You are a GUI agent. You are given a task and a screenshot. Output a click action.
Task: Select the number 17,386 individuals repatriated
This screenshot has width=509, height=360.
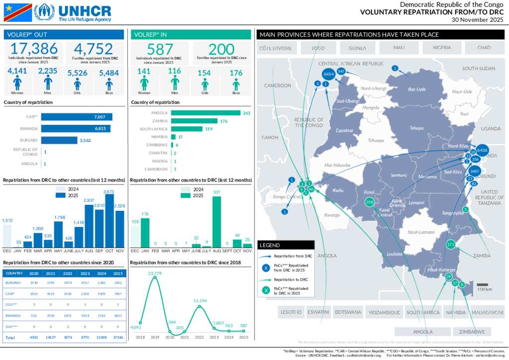tap(33, 49)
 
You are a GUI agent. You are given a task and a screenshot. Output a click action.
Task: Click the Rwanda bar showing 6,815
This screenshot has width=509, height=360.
tap(76, 129)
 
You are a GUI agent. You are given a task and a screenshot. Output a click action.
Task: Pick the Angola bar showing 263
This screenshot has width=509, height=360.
tap(205, 113)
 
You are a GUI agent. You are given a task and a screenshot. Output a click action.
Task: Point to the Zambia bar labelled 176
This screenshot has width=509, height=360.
tap(194, 121)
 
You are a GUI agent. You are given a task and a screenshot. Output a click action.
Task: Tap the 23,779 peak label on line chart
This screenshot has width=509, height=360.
tap(155, 273)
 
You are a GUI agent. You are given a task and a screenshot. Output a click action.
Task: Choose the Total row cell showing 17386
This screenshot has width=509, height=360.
tap(118, 338)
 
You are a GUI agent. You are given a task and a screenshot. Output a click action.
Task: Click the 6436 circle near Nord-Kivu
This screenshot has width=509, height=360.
tap(482, 150)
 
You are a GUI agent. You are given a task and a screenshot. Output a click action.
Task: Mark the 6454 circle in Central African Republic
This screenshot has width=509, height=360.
tap(328, 74)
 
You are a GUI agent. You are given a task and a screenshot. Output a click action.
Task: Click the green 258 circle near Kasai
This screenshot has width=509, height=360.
tap(369, 202)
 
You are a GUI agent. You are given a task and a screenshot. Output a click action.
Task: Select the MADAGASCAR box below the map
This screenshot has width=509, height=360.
tap(488, 312)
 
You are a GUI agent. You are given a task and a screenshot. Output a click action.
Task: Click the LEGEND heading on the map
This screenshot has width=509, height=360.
tap(270, 245)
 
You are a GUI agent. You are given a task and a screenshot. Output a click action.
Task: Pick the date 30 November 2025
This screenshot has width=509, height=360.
tap(478, 20)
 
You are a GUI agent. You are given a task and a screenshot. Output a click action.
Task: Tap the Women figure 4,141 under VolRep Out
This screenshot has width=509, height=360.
tap(17, 71)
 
